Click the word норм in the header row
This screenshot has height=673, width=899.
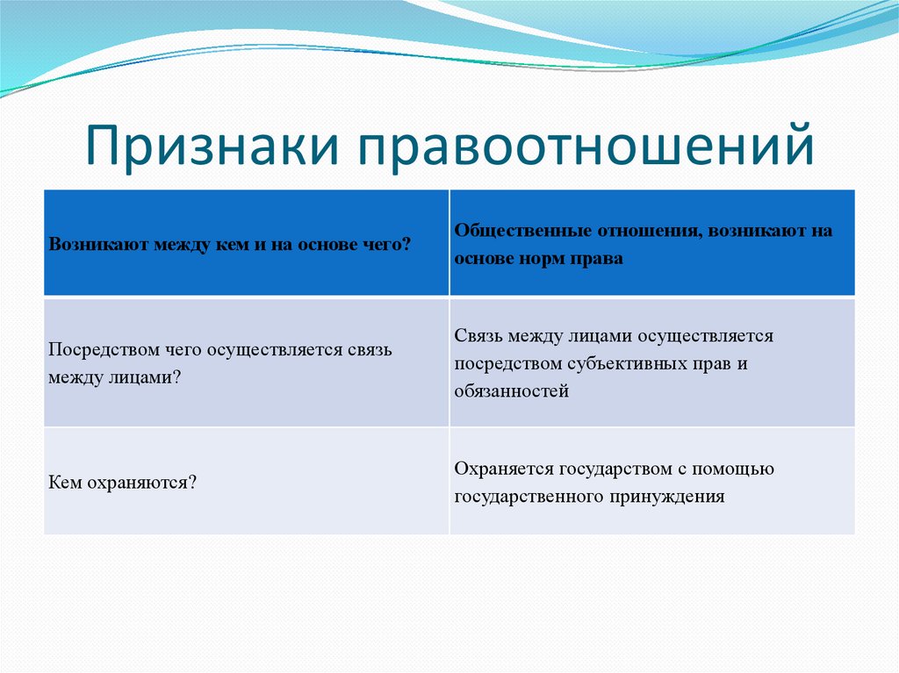(x=541, y=259)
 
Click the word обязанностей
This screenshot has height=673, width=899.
(x=512, y=391)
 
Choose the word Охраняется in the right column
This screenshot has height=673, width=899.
(x=504, y=469)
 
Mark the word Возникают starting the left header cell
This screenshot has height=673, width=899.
(x=90, y=245)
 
